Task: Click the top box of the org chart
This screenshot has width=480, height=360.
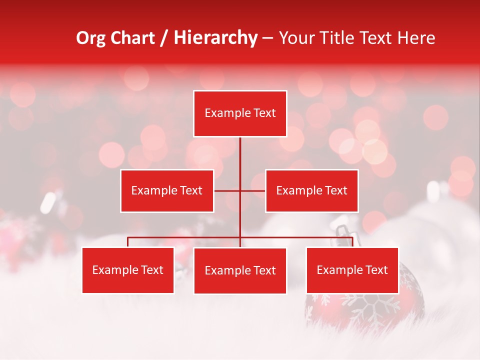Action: (x=240, y=113)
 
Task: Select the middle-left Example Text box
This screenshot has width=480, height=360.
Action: (x=167, y=190)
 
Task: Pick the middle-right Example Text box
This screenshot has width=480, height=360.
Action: (x=311, y=190)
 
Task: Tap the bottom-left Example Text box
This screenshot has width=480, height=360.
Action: (x=128, y=270)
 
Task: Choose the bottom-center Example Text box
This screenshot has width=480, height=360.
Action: (x=240, y=271)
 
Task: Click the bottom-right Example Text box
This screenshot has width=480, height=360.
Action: (x=352, y=270)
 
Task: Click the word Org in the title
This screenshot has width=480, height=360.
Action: (x=90, y=38)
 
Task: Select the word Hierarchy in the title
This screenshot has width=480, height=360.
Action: (x=215, y=38)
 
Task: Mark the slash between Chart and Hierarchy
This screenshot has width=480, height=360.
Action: (x=163, y=38)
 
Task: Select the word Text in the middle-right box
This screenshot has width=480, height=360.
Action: (x=336, y=190)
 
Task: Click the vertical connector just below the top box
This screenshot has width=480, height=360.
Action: (x=240, y=150)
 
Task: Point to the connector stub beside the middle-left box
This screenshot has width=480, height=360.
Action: (x=226, y=190)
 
